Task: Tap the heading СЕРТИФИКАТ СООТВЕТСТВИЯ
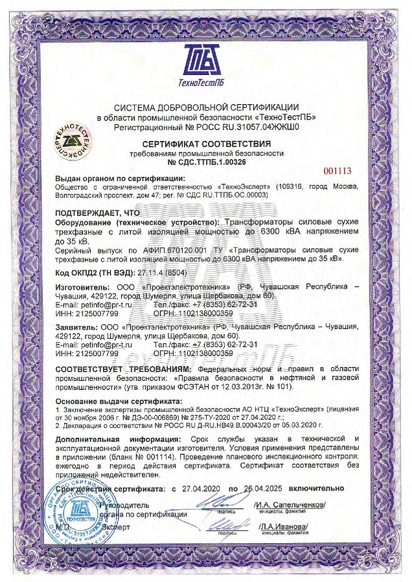(x=206, y=143)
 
